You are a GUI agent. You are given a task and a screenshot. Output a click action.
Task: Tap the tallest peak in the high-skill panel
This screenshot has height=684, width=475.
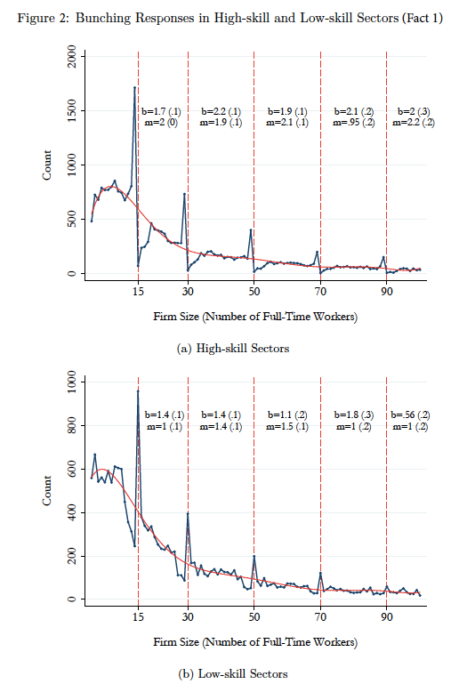(x=134, y=88)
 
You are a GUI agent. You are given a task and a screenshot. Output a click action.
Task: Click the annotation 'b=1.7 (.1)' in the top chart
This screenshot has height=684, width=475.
(x=161, y=112)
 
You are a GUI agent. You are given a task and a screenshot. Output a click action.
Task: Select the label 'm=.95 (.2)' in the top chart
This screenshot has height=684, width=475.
(x=354, y=123)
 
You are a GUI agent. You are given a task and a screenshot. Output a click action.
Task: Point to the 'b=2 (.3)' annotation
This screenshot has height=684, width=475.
(x=414, y=112)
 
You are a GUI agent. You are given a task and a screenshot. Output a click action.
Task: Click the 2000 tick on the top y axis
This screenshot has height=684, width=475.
(x=71, y=56)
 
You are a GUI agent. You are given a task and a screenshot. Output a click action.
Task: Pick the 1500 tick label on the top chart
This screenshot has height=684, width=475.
(x=71, y=111)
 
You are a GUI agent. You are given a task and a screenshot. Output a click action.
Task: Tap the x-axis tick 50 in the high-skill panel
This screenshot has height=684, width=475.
(x=254, y=292)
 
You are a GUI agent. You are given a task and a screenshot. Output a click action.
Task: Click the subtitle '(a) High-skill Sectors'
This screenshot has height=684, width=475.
(x=233, y=349)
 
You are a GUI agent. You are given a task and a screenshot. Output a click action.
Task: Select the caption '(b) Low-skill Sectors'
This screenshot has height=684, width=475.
(x=233, y=674)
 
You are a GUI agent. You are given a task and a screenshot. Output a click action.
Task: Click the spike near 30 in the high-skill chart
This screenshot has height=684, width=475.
(x=184, y=194)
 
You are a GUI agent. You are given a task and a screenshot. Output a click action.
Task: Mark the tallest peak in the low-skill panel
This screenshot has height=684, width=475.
(x=138, y=391)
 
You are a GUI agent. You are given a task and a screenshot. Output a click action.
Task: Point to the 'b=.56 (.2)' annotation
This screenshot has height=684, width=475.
(x=410, y=415)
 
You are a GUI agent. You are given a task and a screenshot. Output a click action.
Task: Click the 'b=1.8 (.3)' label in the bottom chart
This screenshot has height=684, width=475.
(x=354, y=415)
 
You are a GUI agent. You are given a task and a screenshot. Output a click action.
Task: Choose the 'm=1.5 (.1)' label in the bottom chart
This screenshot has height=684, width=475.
(x=287, y=427)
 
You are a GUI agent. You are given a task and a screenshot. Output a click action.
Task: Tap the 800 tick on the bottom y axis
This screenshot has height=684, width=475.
(x=71, y=425)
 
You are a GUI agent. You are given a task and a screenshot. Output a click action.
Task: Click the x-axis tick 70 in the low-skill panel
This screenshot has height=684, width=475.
(x=320, y=617)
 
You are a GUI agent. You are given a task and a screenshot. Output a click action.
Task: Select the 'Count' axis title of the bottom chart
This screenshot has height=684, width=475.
(x=46, y=491)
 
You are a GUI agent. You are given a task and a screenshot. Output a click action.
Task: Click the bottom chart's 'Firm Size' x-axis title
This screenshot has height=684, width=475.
(x=255, y=642)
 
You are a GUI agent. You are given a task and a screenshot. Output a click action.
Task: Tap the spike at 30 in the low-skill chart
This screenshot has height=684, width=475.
(x=188, y=513)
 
